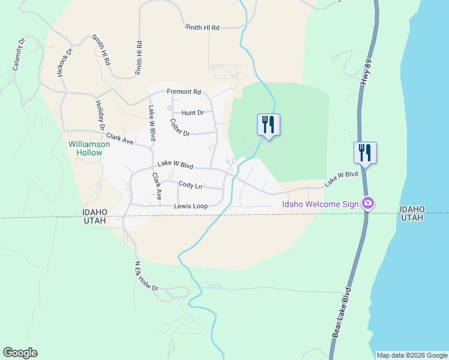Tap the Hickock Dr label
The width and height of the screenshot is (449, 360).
(x=64, y=62)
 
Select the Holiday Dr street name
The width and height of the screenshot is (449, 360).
(x=100, y=115)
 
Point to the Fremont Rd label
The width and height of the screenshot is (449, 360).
(x=184, y=92)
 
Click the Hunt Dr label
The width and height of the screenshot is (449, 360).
(x=193, y=112)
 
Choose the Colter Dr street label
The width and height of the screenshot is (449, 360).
(x=179, y=128)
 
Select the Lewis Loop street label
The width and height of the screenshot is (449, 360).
(x=191, y=206)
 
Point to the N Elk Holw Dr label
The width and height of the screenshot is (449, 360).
(x=146, y=277)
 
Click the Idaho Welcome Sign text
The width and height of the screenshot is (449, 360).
(x=321, y=204)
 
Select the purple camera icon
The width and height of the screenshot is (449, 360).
(x=369, y=204)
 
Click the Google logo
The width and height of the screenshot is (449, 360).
(x=20, y=353)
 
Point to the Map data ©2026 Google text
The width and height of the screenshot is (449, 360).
(x=412, y=355)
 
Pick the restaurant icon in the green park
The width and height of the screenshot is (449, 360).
(x=268, y=125)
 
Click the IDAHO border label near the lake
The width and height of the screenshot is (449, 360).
(x=412, y=209)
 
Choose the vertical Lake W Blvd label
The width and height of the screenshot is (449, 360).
(x=152, y=122)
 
